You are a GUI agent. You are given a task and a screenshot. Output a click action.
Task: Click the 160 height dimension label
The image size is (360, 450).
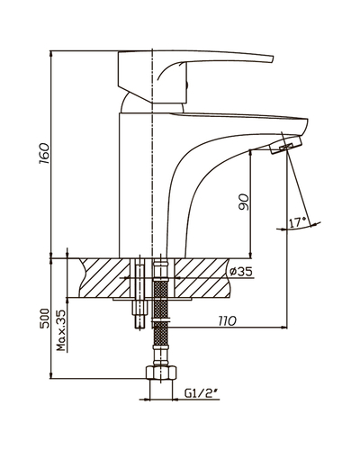coord(44,154)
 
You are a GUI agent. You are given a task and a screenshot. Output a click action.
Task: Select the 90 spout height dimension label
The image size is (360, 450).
coord(244,202)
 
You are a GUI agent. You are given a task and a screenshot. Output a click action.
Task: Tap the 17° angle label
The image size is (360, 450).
coord(297,222)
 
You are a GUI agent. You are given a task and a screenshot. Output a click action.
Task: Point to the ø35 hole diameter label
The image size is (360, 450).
coord(240,272)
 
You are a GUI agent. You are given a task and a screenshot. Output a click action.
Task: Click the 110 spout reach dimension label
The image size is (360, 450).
coord(228,321)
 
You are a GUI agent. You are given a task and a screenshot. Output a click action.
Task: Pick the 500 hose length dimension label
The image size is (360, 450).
coord(44,319)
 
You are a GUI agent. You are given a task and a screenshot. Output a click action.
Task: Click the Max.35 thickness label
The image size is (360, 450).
coord(61,330)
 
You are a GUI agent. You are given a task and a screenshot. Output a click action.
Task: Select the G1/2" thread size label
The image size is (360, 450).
coord(201,393)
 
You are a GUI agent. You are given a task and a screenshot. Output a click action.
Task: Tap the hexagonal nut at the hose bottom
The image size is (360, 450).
coord(161,373)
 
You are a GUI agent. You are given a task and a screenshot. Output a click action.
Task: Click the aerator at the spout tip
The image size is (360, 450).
coord(286,145)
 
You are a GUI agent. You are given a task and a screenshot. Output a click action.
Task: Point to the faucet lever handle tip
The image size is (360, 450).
coord(272,59)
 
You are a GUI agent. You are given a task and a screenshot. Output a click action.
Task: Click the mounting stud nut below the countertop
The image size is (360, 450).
coord(139,308)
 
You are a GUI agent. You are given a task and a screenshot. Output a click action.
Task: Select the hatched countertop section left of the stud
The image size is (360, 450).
coord(105,277)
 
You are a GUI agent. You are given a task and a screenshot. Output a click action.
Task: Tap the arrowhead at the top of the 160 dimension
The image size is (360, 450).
coord(51,52)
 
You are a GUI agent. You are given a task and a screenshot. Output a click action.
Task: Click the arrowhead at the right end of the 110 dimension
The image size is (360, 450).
coord(285,328)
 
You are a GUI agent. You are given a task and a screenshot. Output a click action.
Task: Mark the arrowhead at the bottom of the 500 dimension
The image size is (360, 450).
coord(51,377)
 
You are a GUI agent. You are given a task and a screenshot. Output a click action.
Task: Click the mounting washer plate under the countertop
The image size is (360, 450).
coord(152,299)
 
